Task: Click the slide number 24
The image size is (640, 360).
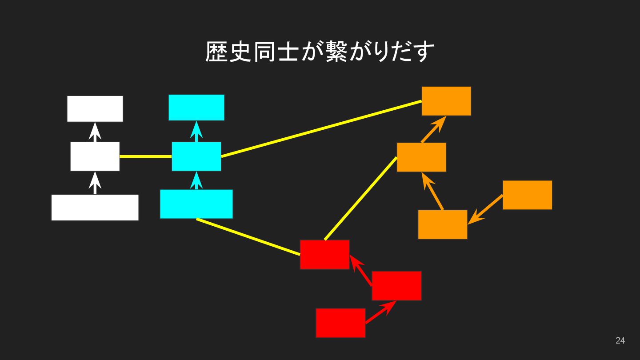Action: [x=620, y=340]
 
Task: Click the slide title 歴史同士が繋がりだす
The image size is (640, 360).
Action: [x=320, y=52]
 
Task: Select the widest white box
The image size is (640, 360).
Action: [x=95, y=207]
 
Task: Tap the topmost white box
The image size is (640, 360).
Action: [x=95, y=108]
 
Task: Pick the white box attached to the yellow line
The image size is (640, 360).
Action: [x=95, y=156]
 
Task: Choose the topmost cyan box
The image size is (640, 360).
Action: [x=196, y=107]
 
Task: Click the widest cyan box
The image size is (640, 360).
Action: [x=196, y=204]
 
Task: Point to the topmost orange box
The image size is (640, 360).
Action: [x=446, y=101]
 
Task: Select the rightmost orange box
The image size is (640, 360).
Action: [x=527, y=195]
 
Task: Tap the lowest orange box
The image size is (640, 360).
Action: [x=442, y=224]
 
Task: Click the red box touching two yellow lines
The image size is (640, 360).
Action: [x=324, y=254]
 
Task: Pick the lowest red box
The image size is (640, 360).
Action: [x=340, y=323]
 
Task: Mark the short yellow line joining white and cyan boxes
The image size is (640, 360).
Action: [x=145, y=156]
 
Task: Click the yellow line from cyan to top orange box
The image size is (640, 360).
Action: [x=321, y=129]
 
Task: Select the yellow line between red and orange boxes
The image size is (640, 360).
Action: [x=360, y=198]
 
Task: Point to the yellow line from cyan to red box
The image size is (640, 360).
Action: [x=248, y=236]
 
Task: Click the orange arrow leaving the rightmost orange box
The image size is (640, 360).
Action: [x=485, y=209]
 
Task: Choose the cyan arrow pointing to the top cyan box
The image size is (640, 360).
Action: [x=196, y=132]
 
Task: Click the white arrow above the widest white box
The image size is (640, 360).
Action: [x=95, y=183]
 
